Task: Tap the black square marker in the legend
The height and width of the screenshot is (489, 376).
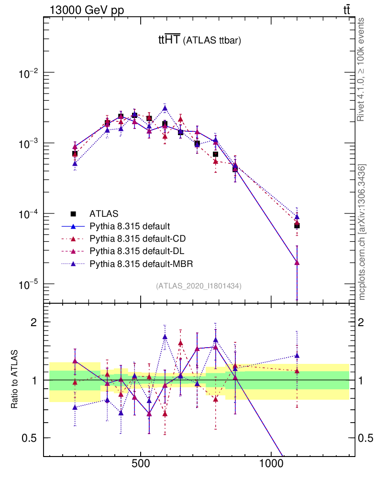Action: click(x=73, y=213)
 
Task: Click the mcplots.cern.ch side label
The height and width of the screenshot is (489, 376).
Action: click(x=363, y=232)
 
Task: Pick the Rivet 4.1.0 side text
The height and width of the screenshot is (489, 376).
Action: click(x=362, y=69)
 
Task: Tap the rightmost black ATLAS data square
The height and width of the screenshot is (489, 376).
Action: click(x=297, y=225)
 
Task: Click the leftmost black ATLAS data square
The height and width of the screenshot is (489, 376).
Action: click(x=75, y=154)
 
